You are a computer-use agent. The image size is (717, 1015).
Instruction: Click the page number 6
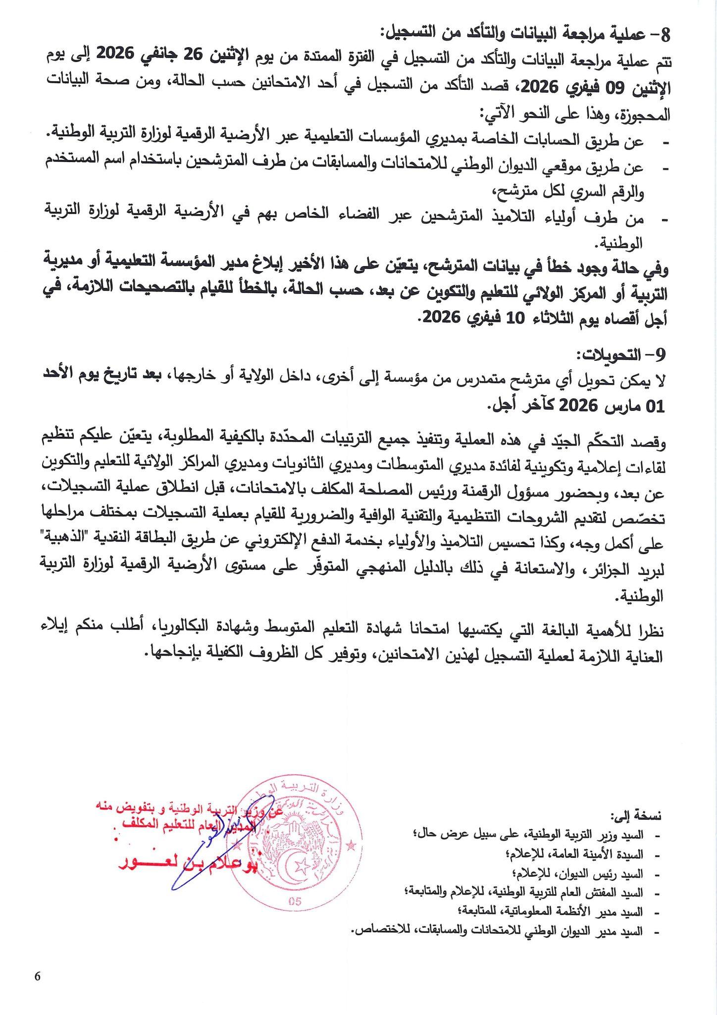point(38,976)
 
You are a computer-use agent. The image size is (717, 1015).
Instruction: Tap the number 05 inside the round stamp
point(295,902)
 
